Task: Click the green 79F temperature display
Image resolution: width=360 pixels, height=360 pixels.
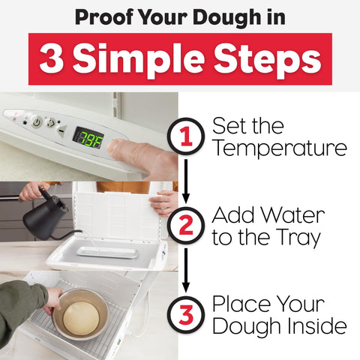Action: [x=88, y=136]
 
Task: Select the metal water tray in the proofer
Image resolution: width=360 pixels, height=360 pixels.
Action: [x=106, y=251]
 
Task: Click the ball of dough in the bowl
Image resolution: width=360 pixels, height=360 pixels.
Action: [x=81, y=318]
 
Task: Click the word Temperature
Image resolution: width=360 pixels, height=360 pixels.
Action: [x=279, y=148]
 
